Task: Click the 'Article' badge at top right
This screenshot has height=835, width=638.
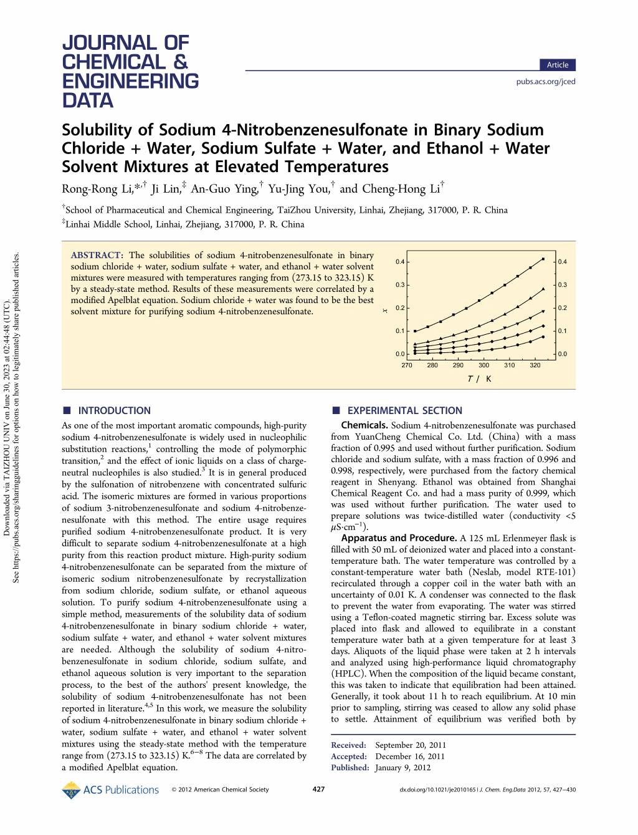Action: (557, 65)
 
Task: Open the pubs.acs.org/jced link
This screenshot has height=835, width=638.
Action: (546, 82)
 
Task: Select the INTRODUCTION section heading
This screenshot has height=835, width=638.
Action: (113, 410)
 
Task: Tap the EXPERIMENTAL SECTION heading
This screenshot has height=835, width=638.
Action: (404, 410)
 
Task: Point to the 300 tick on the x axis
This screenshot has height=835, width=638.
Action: (483, 365)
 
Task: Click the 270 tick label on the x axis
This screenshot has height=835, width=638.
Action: (407, 365)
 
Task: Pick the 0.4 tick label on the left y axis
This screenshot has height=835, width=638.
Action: (399, 261)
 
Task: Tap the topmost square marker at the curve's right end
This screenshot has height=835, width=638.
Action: (543, 259)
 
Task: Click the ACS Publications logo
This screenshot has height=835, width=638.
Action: (110, 789)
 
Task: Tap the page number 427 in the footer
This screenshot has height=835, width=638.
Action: (318, 789)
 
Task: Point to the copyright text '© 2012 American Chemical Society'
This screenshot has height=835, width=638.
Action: (220, 789)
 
